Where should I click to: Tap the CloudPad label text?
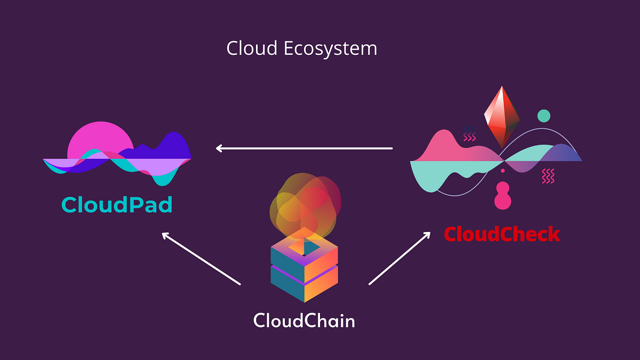click(x=117, y=204)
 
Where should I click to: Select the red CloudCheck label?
click(x=502, y=234)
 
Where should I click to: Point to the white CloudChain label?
click(x=304, y=321)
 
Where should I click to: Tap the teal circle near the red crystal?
click(x=543, y=116)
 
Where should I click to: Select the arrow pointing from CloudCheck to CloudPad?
click(x=304, y=148)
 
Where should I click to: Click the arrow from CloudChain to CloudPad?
click(x=201, y=258)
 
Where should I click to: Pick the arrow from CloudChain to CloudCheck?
click(x=399, y=258)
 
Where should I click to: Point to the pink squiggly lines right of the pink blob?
click(x=548, y=175)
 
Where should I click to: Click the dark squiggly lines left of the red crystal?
click(x=469, y=133)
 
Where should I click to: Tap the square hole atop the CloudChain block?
click(x=304, y=247)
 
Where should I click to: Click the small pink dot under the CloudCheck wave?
click(x=502, y=171)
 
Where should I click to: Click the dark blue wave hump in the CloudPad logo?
click(x=171, y=147)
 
